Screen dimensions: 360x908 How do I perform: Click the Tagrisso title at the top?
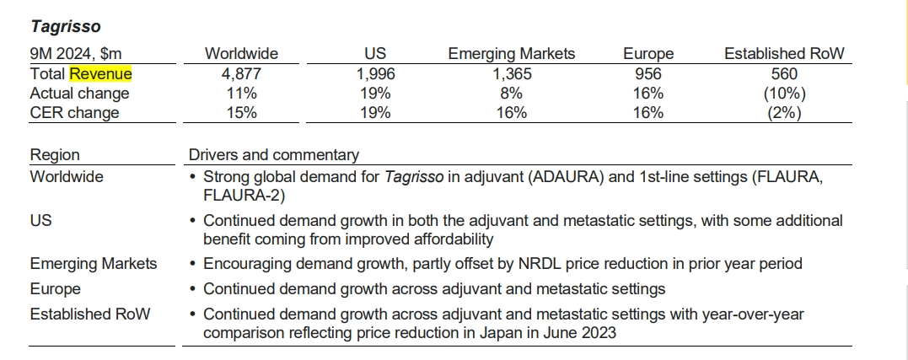click(x=65, y=27)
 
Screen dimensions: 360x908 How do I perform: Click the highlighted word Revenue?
click(x=100, y=74)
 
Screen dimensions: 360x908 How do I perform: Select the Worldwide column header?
click(x=241, y=54)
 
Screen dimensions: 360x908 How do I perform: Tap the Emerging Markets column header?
click(x=511, y=54)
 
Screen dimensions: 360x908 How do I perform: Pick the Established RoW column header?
click(x=784, y=54)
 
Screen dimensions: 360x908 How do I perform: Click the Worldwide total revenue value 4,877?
click(x=241, y=74)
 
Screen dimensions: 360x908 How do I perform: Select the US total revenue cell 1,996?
click(x=375, y=74)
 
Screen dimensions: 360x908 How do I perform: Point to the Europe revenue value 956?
click(x=647, y=74)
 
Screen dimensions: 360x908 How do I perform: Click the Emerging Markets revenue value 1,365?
click(x=511, y=74)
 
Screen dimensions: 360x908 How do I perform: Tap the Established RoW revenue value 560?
click(x=784, y=74)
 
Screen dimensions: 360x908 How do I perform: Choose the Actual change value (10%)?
click(x=784, y=94)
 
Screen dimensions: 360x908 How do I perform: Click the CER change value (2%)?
click(x=784, y=113)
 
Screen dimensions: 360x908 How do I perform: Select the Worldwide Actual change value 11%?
click(x=241, y=94)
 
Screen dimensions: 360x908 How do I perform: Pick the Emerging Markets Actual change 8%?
click(x=511, y=94)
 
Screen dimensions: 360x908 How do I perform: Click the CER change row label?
click(x=74, y=113)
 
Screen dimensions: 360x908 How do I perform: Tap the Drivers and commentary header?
click(x=273, y=155)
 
